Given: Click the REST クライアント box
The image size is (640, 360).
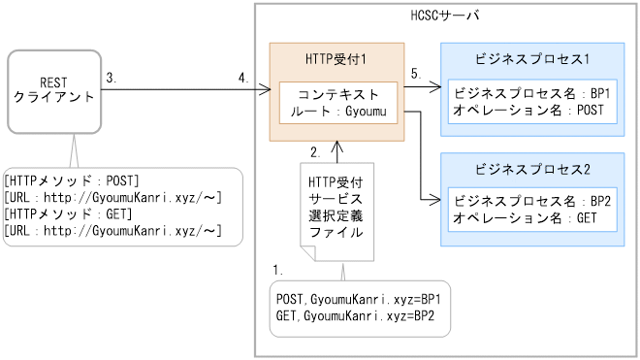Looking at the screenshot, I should click(x=53, y=90).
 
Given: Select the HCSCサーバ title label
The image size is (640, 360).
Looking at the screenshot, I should click(x=445, y=17).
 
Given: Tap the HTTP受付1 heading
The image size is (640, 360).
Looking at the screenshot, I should click(x=335, y=59).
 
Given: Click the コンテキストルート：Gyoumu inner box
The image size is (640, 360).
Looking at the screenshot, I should click(x=336, y=103).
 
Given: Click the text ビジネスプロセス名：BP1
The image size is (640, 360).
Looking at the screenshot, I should click(x=531, y=95).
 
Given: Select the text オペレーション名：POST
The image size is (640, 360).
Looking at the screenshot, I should click(x=528, y=111).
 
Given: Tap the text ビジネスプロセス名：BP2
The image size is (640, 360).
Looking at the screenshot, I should click(x=531, y=203).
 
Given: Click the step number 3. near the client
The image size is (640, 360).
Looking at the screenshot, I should click(x=112, y=78).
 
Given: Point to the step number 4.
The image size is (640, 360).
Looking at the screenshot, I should click(x=243, y=78).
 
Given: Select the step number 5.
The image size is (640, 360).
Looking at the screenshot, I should click(x=415, y=74).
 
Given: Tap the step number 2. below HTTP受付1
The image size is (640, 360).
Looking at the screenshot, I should click(x=315, y=152).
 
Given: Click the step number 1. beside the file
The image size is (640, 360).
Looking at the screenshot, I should click(x=278, y=266).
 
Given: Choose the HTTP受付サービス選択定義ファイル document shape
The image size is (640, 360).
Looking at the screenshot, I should click(x=336, y=209).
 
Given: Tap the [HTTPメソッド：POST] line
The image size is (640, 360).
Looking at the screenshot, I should click(x=73, y=180).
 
